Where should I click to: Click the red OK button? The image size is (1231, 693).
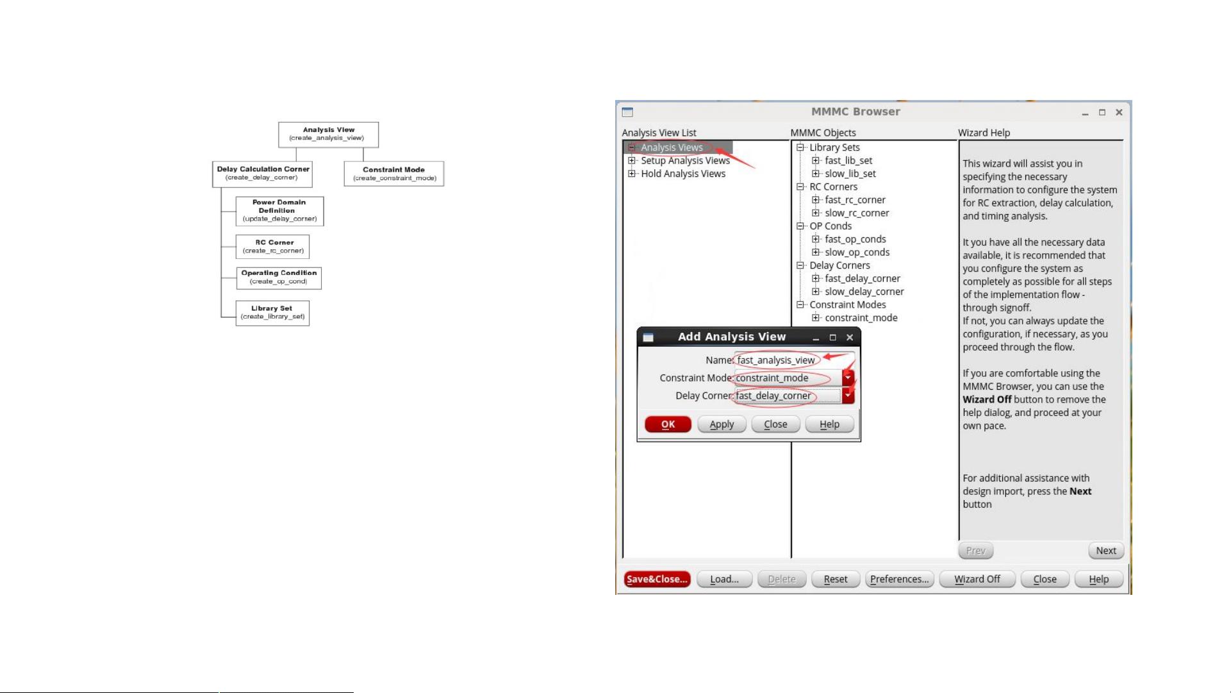click(x=668, y=424)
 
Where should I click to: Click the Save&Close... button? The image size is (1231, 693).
click(x=657, y=579)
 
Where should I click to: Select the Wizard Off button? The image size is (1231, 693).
click(x=977, y=579)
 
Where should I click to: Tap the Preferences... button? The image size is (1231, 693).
click(x=899, y=579)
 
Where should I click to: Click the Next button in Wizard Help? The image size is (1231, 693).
click(x=1106, y=551)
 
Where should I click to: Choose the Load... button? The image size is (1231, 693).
click(x=724, y=579)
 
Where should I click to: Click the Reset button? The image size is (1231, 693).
click(x=836, y=579)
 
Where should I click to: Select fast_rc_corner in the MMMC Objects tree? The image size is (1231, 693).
click(x=855, y=200)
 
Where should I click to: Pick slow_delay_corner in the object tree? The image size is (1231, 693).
click(x=864, y=292)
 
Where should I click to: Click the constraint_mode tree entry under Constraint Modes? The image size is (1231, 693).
click(x=861, y=318)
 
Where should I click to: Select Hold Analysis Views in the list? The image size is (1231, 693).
click(x=683, y=174)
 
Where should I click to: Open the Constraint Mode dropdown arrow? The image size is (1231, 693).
click(x=848, y=378)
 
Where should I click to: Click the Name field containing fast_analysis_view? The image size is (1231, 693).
click(x=794, y=360)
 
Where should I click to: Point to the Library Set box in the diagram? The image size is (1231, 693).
click(x=272, y=313)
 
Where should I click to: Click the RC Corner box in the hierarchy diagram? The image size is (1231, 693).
click(x=272, y=247)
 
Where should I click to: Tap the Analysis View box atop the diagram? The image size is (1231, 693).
click(x=328, y=135)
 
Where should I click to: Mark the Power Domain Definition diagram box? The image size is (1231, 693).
click(x=279, y=211)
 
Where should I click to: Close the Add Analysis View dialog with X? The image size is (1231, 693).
click(x=850, y=337)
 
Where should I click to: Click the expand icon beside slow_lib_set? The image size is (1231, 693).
click(x=816, y=174)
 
